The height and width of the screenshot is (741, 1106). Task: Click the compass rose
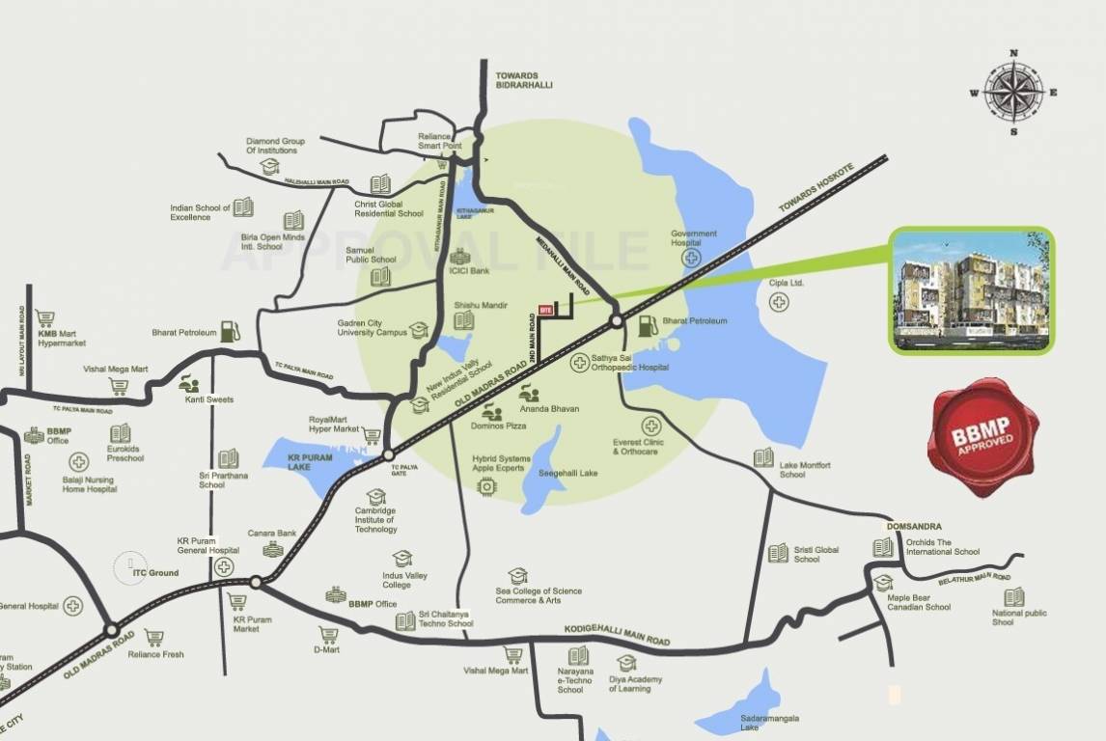pos(1013,93)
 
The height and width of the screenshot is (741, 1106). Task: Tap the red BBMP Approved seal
pos(982,437)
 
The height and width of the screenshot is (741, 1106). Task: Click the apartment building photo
pos(971,290)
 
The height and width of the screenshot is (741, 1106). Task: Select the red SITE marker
pos(545,310)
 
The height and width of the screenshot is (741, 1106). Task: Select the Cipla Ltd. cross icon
pos(779,302)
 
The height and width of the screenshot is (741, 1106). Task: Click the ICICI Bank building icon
pos(459,256)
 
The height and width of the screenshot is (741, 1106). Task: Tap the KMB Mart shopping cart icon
pos(44,317)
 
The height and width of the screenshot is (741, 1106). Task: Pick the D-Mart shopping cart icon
pos(328,635)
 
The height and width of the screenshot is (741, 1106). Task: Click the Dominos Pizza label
pos(499,425)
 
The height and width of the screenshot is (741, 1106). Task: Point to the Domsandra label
pos(913,527)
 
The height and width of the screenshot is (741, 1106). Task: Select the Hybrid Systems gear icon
pos(487,486)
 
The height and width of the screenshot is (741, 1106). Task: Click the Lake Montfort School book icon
pos(763,457)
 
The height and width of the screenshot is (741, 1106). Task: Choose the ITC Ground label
pos(155,573)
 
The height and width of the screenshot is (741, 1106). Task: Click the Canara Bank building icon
pos(273,549)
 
